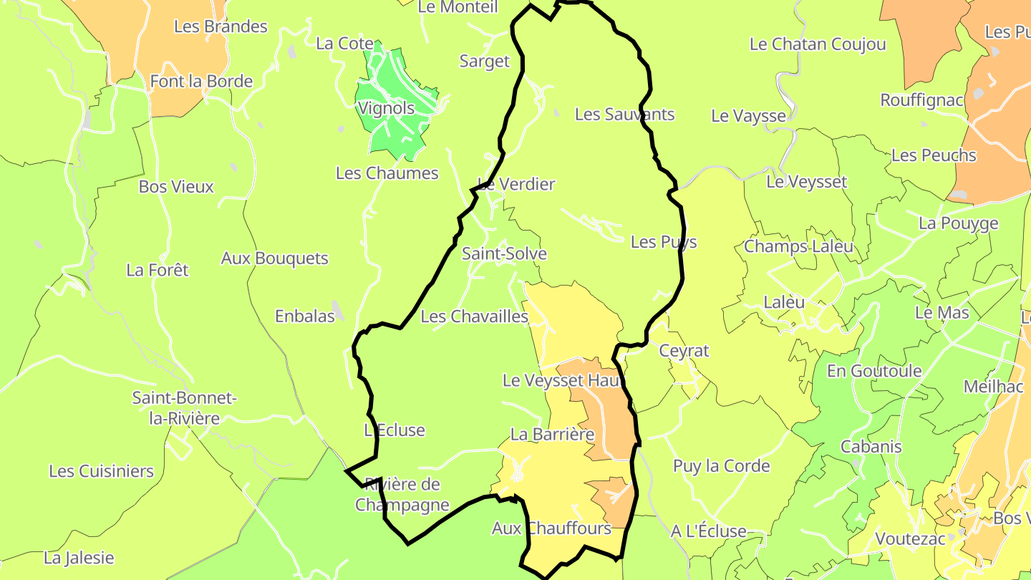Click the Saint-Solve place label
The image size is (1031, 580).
pyautogui.click(x=504, y=253)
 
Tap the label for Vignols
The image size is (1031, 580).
pyautogui.click(x=386, y=108)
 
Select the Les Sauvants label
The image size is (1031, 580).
pyautogui.click(x=624, y=114)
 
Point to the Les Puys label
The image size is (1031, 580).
pyautogui.click(x=664, y=242)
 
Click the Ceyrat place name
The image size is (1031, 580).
pyautogui.click(x=684, y=350)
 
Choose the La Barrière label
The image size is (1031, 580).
pyautogui.click(x=552, y=434)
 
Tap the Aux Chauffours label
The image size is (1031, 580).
pyautogui.click(x=551, y=528)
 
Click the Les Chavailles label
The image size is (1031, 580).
pyautogui.click(x=474, y=316)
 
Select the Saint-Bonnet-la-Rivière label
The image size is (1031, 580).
pyautogui.click(x=184, y=408)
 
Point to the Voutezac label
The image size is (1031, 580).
pyautogui.click(x=911, y=538)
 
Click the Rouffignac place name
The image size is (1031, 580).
pyautogui.click(x=922, y=100)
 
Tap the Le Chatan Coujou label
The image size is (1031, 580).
pyautogui.click(x=818, y=44)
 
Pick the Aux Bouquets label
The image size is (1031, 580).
pyautogui.click(x=274, y=258)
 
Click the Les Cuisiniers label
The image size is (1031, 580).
pyautogui.click(x=101, y=471)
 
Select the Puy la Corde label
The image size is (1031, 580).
pyautogui.click(x=721, y=466)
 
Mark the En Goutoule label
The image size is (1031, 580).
pyautogui.click(x=874, y=370)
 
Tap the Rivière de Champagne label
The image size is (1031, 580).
pyautogui.click(x=402, y=494)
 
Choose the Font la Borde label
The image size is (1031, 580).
pyautogui.click(x=201, y=81)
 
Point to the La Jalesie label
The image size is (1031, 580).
pyautogui.click(x=79, y=557)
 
